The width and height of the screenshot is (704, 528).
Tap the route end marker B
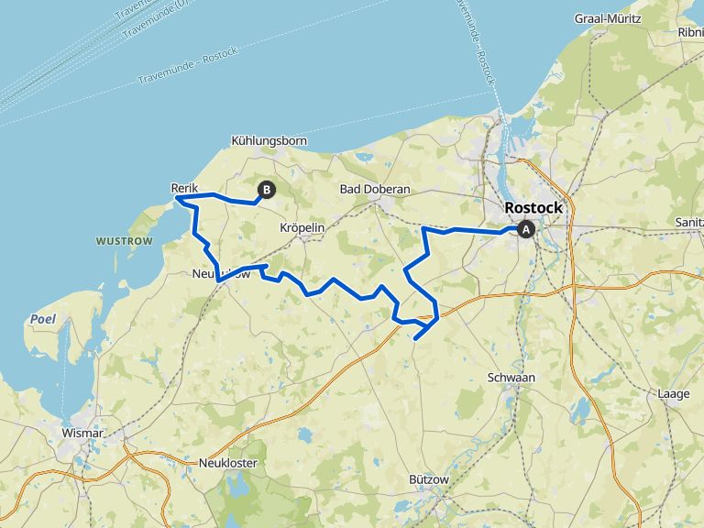267,190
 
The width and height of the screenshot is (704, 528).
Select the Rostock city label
533,208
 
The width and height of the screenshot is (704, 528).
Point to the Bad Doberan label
374,189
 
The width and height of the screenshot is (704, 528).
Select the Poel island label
41,319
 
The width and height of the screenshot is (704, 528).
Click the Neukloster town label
228,463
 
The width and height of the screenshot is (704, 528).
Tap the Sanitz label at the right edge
687,222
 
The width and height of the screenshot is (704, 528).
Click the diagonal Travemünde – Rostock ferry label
187,65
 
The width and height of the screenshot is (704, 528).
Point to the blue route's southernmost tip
415,339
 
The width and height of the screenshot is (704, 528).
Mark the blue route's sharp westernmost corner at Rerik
177,198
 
